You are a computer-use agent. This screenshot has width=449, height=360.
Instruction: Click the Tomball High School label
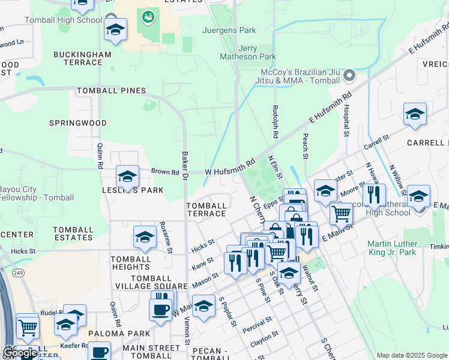click(x=63, y=20)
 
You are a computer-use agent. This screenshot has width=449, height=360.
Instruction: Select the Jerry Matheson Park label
click(x=249, y=52)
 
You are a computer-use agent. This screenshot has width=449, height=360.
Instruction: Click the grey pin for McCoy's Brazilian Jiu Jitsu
click(x=349, y=76)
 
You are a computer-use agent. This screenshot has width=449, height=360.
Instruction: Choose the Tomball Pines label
click(x=111, y=91)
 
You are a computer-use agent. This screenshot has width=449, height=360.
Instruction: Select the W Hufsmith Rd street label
click(x=231, y=167)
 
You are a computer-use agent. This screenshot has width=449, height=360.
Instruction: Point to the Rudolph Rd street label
click(x=276, y=122)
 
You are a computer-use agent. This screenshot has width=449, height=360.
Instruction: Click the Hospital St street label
click(x=346, y=121)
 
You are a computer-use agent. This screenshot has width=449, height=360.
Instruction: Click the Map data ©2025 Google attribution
click(x=412, y=355)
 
